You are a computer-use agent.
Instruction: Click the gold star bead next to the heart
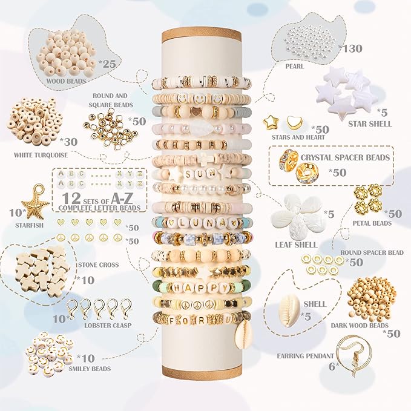[271, 123]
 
